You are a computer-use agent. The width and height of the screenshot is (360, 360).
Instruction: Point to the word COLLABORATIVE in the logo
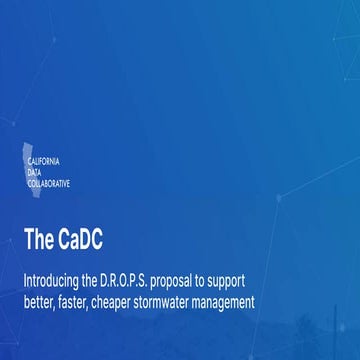click(x=54, y=183)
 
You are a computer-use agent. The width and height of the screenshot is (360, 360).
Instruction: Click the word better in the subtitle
click(x=41, y=300)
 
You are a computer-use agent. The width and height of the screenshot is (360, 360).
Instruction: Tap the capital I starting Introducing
click(x=25, y=279)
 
